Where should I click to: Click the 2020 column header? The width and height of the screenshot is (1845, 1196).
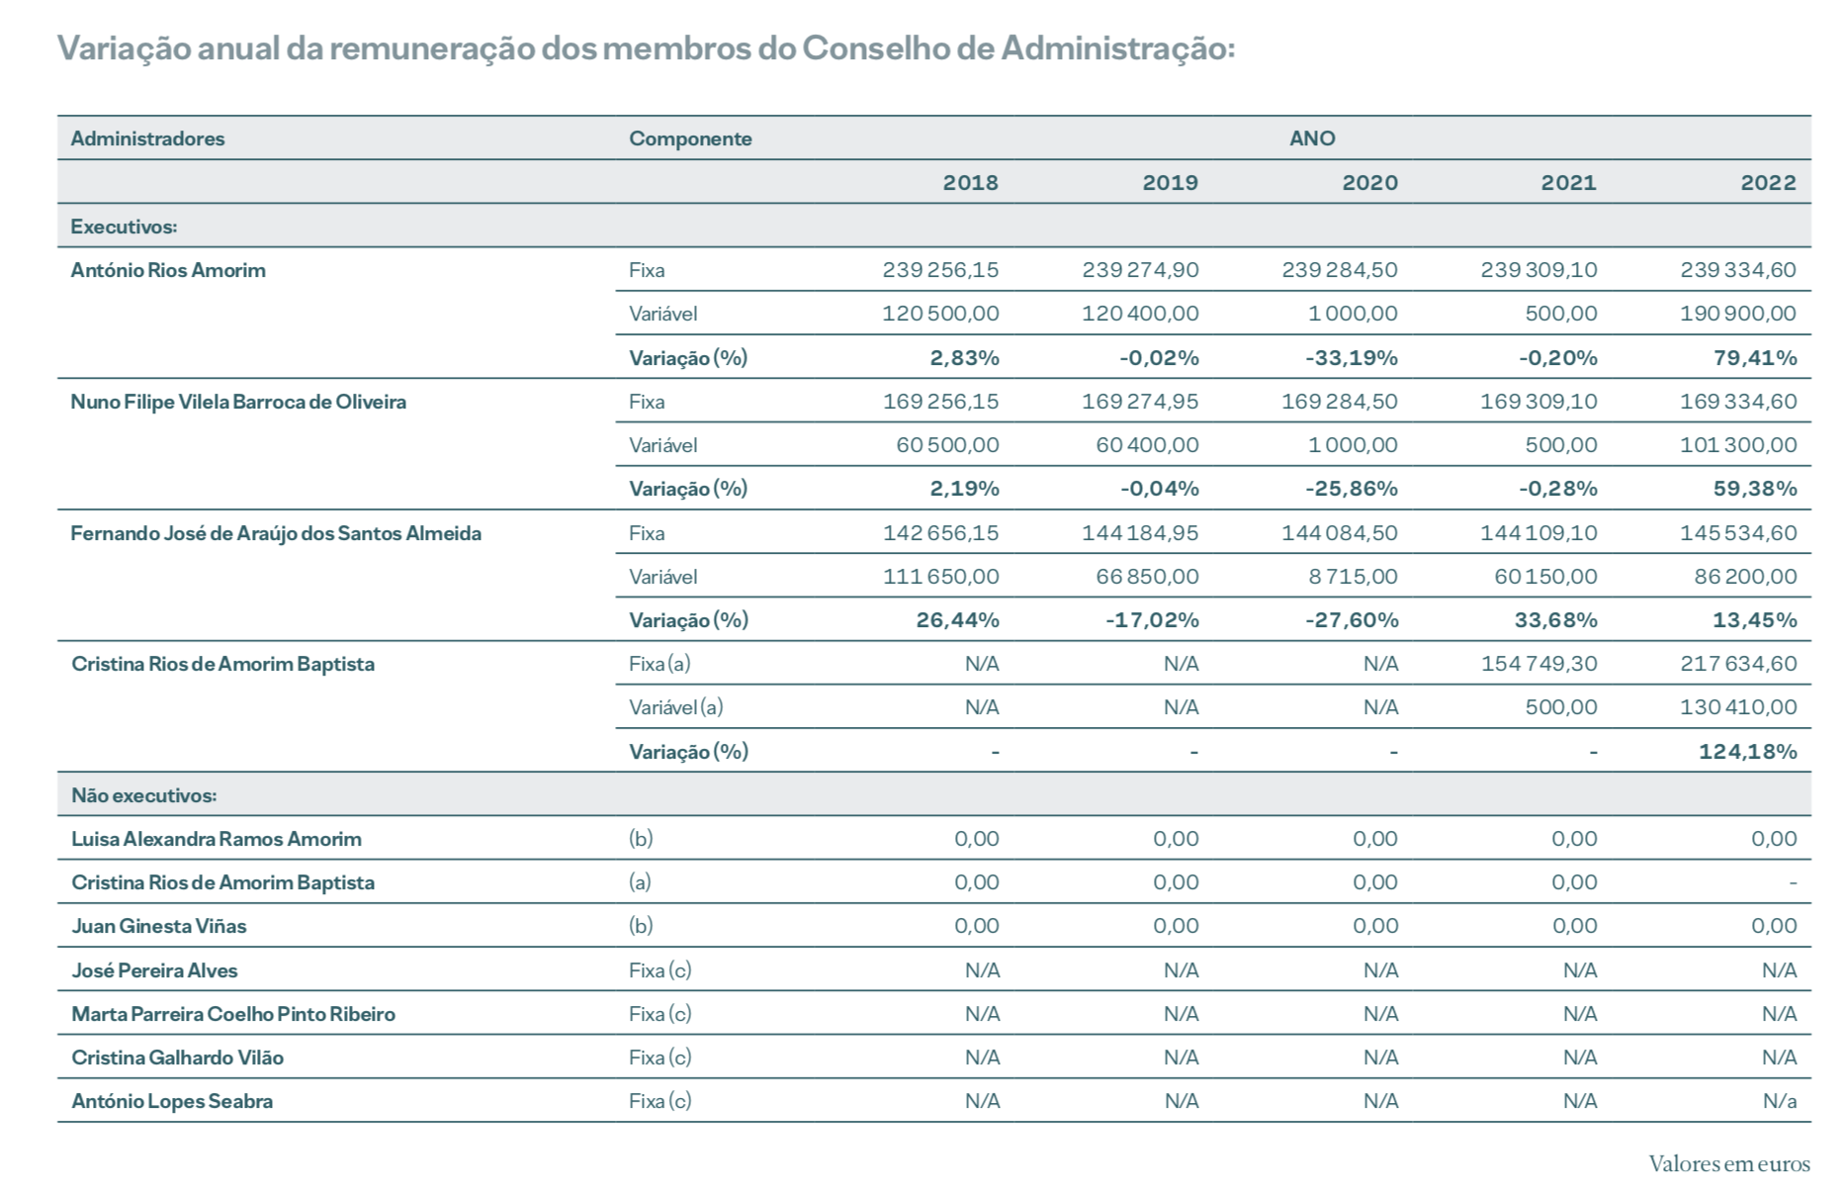point(1369,183)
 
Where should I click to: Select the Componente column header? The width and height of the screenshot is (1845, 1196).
point(690,138)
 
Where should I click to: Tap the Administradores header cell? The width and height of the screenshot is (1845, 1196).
point(147,138)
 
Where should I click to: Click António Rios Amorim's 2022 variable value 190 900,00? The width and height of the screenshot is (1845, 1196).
point(1738,314)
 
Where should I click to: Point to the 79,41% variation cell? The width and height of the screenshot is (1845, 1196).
point(1755,358)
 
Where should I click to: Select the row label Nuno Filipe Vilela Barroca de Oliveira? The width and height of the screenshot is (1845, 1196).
point(238,402)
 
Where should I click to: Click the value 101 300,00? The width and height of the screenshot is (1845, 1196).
point(1738,445)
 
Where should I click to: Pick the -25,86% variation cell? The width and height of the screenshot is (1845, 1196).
point(1352,489)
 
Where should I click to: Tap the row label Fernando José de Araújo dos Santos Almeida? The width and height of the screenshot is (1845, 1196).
point(276,533)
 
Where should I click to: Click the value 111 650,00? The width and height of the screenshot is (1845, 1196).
point(940,577)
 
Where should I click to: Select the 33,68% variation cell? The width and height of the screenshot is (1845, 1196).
point(1557,620)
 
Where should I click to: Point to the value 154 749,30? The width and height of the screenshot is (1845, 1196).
point(1538,664)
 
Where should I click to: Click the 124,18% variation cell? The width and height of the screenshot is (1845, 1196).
point(1747,752)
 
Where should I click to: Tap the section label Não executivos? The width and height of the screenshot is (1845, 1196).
point(143,795)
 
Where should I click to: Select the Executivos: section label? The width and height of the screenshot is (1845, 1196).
point(124,227)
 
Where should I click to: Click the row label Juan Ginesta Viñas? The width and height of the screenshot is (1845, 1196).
point(158,926)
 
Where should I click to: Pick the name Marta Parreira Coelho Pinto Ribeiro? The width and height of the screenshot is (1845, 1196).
point(233,1014)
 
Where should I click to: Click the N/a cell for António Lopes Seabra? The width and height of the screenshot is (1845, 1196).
point(1779,1101)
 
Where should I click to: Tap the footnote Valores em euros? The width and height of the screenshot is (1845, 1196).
point(1728,1164)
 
